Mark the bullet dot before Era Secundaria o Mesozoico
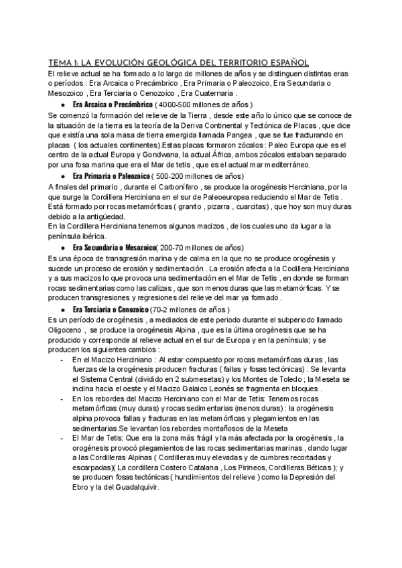(x=62, y=248)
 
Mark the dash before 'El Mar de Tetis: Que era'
(x=62, y=439)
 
